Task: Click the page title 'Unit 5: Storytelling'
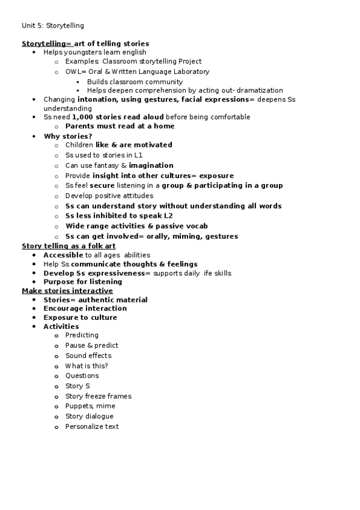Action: pos(53,25)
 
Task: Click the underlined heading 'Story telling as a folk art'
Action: pos(69,246)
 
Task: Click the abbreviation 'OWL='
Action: pos(76,72)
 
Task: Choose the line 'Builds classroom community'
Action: pos(135,82)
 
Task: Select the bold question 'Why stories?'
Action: pos(68,136)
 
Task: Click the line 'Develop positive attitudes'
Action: pos(109,195)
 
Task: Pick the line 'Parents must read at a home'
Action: pos(120,126)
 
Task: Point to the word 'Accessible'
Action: pos(63,255)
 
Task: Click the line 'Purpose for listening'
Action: pos(82,281)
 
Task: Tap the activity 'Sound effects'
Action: pos(88,355)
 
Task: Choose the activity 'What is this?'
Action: pos(87,366)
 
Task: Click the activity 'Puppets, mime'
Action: pos(90,406)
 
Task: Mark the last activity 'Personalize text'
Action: pos(92,426)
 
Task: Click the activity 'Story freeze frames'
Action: pos(98,396)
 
